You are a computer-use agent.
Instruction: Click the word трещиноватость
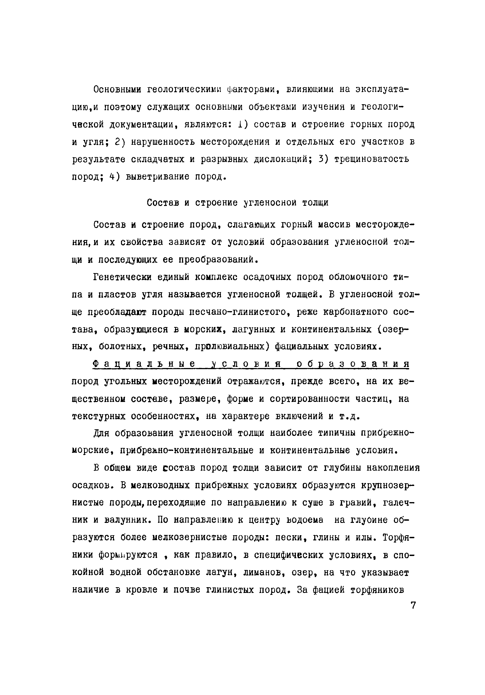tap(371, 159)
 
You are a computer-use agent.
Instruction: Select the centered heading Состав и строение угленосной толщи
tap(237, 202)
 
